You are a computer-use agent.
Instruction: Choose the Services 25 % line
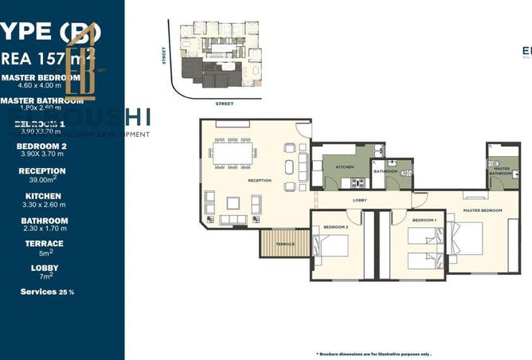47,292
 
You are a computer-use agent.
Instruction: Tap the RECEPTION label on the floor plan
260,181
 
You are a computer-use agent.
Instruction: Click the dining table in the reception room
232,154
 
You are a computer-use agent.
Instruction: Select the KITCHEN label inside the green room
344,167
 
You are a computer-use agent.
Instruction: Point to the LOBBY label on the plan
359,200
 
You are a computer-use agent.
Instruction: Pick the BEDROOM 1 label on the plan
424,220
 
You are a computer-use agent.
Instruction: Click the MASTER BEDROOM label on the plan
483,210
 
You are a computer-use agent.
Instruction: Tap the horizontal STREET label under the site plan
224,103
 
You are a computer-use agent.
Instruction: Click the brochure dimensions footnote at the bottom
362,353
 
